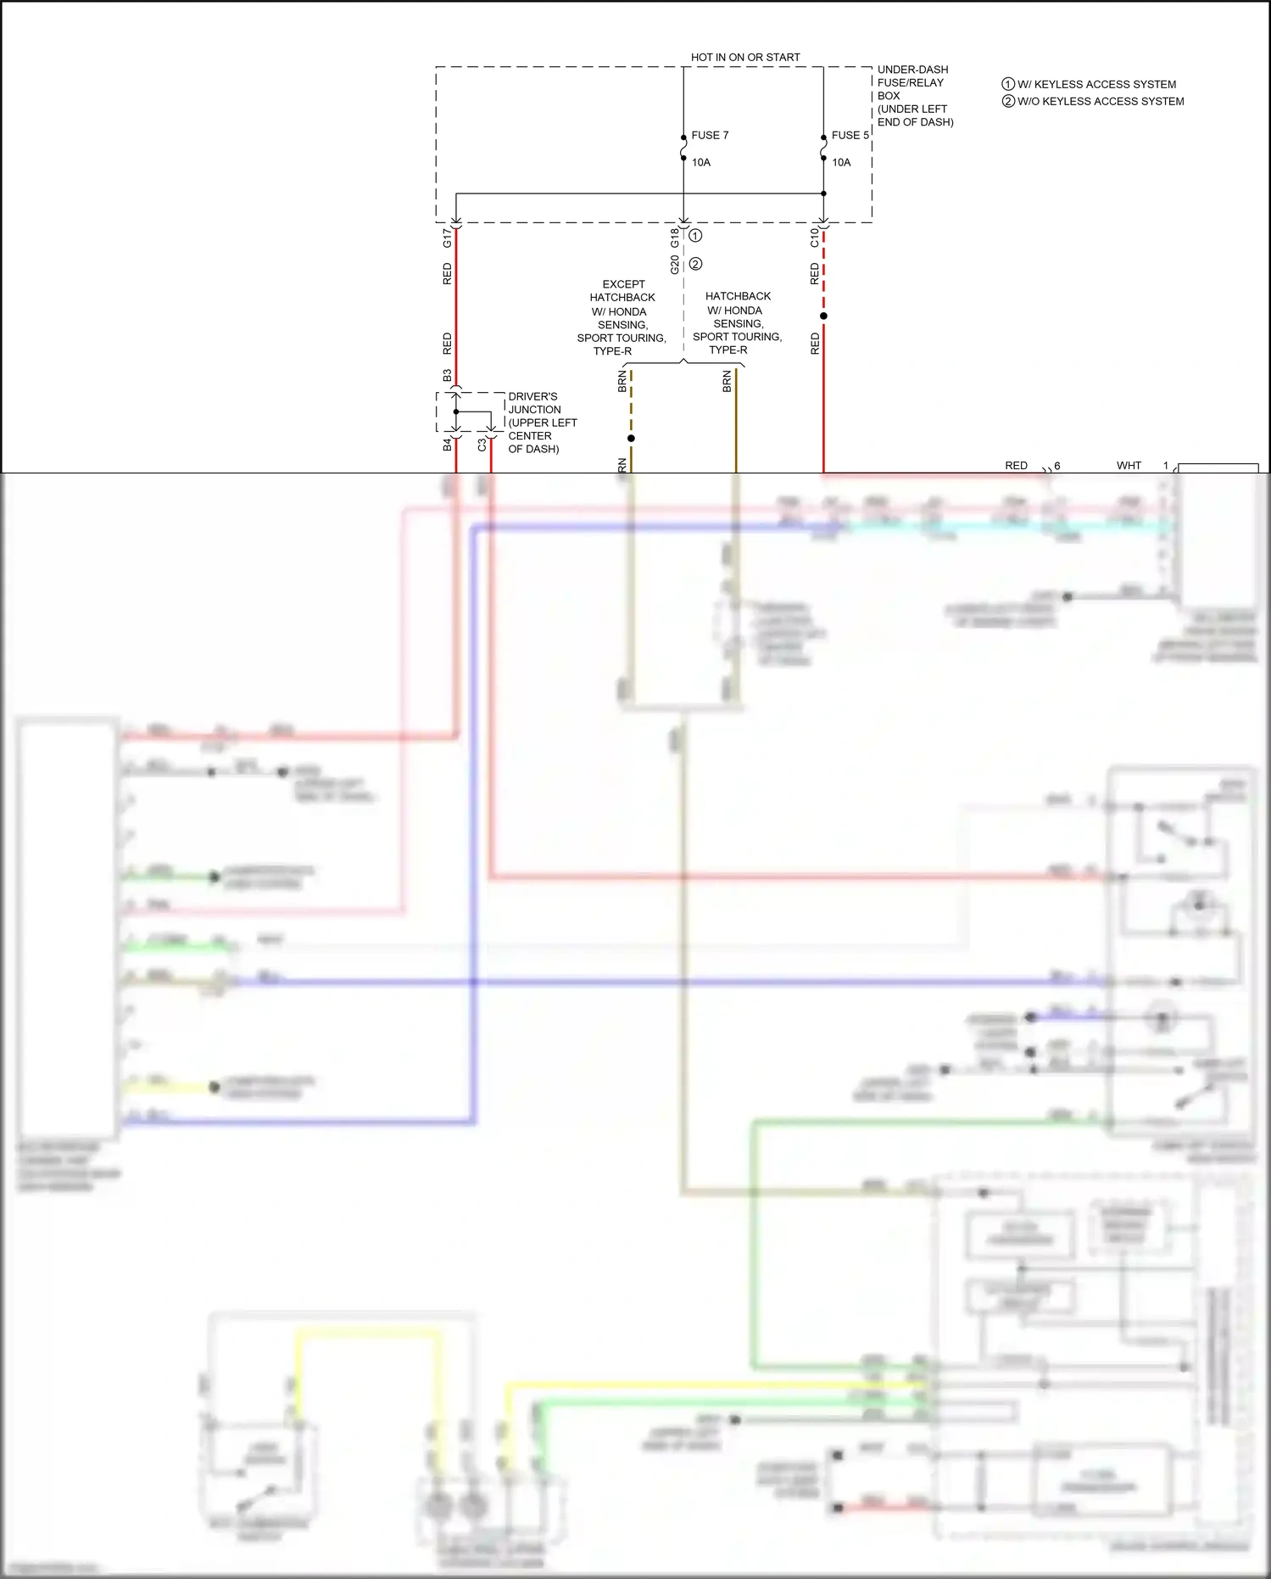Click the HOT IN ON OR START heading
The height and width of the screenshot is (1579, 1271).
coord(744,57)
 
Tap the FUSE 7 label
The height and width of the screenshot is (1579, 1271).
coord(710,135)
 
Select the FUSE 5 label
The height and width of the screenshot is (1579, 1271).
coord(850,135)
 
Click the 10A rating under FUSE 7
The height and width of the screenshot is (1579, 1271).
coord(700,162)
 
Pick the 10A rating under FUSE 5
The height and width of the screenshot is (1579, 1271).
coord(841,162)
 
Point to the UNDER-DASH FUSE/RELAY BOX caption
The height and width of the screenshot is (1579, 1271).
coord(914,95)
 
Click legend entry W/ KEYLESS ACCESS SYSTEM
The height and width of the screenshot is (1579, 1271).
coord(1095,84)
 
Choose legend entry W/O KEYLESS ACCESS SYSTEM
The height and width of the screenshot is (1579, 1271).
coord(1100,101)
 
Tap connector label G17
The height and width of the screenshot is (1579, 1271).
coord(447,238)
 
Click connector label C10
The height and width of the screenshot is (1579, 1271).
coord(814,238)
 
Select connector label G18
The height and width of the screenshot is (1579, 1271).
coord(675,238)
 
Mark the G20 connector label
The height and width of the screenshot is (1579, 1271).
coord(675,265)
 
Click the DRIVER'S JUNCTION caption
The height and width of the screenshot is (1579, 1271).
coord(541,422)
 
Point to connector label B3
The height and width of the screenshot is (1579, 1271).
coord(447,375)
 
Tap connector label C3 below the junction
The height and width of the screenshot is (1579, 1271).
coord(482,445)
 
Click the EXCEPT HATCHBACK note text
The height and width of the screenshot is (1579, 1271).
coord(622,317)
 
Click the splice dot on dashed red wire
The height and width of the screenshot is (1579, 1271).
coord(823,316)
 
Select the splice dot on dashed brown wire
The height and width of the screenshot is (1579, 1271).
coord(631,438)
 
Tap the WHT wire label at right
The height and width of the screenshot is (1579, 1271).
coord(1129,465)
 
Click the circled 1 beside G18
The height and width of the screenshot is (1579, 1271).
coord(695,235)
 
